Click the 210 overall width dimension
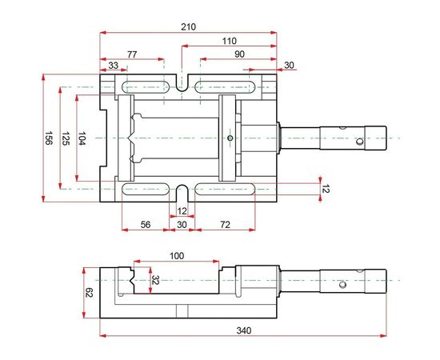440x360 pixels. pos(188,26)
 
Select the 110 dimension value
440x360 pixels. pos(229,40)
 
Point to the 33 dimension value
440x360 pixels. pos(113,66)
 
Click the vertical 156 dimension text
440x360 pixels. pos(49,138)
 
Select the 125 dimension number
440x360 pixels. pos(66,138)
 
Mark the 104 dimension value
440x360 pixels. pos(83,138)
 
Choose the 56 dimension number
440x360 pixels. pos(146,226)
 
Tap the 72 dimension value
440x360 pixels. pos(226,226)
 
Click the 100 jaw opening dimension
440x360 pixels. pos(177,256)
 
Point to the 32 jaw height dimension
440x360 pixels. pos(155,281)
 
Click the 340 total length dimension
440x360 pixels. pos(244,330)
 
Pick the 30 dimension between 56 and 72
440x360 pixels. pos(182,226)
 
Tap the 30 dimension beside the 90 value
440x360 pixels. pos(289,66)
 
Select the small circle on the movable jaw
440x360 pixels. pos(230,138)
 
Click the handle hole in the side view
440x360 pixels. pos(342,283)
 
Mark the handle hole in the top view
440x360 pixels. pos(359,142)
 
